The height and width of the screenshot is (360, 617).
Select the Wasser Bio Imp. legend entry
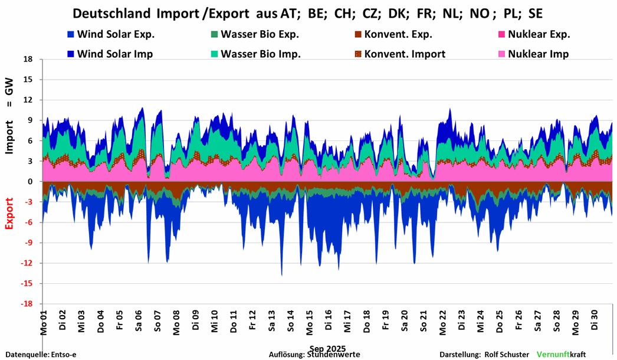point(260,54)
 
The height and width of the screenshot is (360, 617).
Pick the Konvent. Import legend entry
point(404,54)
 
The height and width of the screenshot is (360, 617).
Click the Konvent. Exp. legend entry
point(402,34)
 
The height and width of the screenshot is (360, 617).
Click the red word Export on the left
point(10,212)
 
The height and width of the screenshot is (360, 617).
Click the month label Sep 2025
point(327,348)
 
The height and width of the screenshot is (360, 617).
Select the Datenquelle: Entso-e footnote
point(41,355)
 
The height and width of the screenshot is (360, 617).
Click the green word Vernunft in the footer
point(553,355)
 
